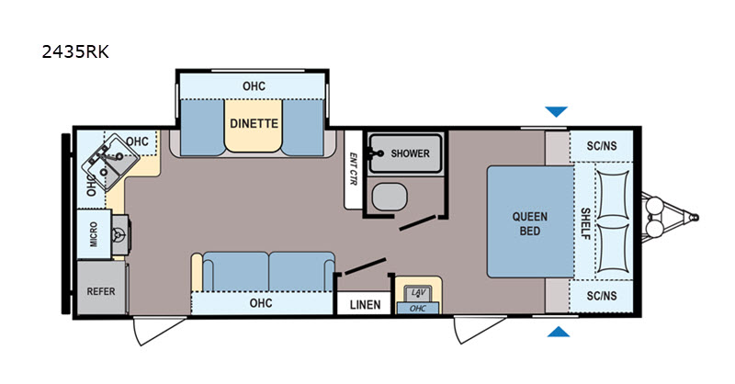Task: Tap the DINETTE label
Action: [x=254, y=120]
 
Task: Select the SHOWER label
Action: [x=410, y=153]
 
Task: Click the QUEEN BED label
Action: [x=530, y=224]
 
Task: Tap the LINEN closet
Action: [x=362, y=305]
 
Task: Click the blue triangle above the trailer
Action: [x=556, y=112]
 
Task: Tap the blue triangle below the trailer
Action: [x=557, y=331]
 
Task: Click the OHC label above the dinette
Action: [x=254, y=86]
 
